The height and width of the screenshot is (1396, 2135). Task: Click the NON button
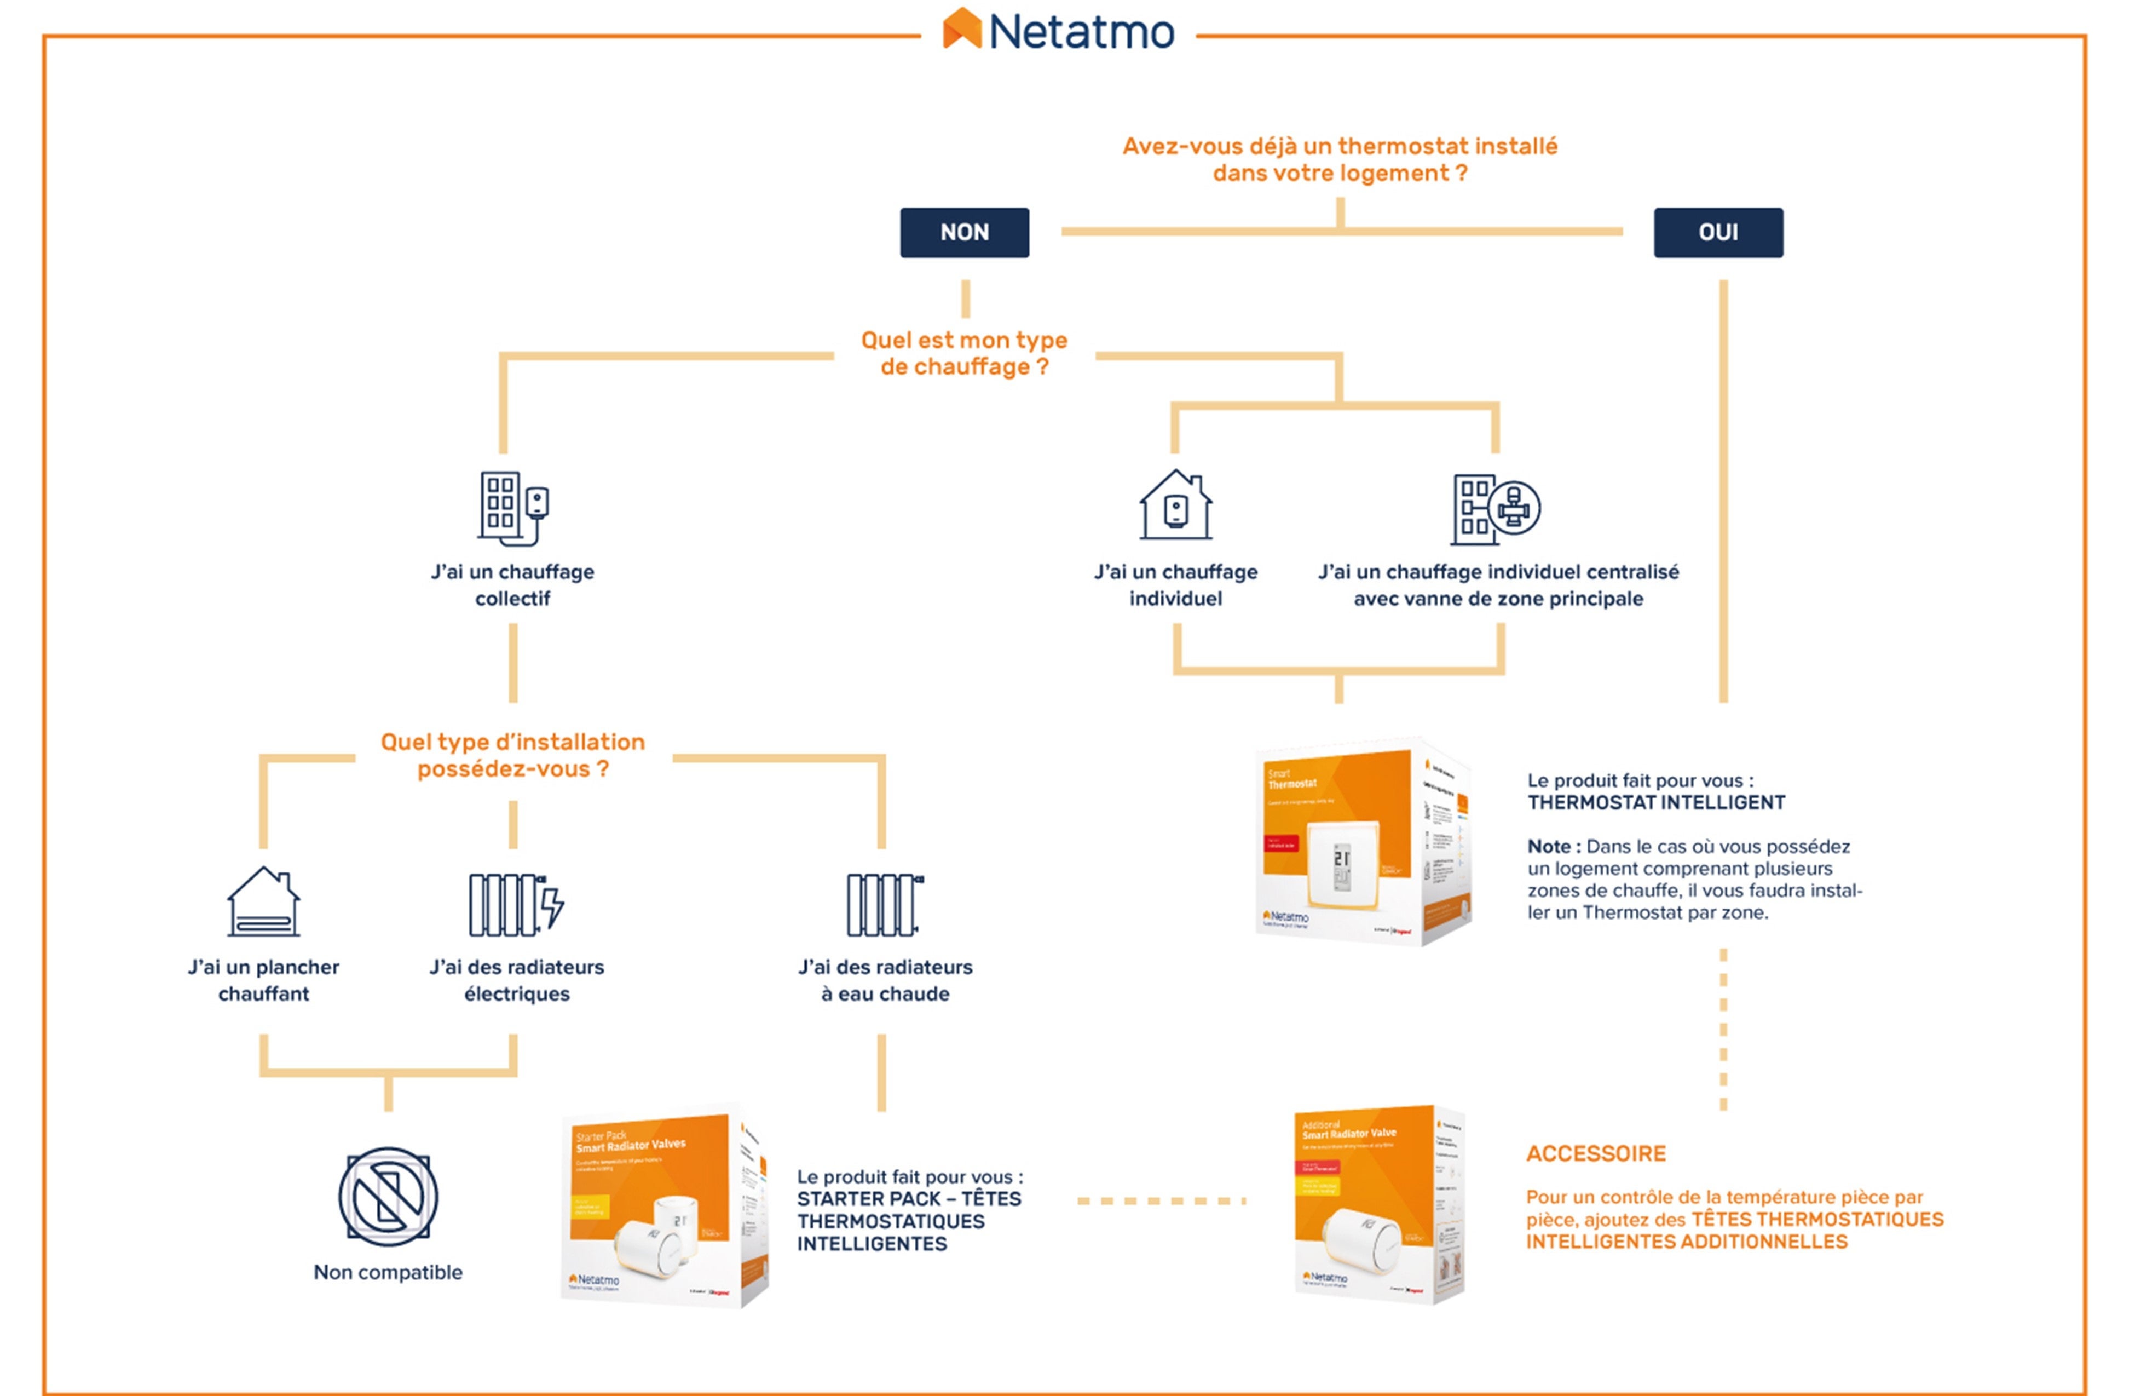click(x=965, y=232)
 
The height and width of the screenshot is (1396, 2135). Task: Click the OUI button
click(x=1718, y=232)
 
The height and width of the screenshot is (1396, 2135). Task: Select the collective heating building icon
click(x=512, y=508)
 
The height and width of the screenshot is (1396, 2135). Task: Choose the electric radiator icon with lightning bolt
click(x=516, y=904)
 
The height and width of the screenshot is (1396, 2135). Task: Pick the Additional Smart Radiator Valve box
click(x=1380, y=1205)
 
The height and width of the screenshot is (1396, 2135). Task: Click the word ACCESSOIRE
click(x=1596, y=1154)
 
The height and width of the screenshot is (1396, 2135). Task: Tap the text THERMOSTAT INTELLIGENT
click(x=1656, y=803)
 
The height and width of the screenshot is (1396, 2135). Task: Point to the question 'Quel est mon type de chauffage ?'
click(x=965, y=353)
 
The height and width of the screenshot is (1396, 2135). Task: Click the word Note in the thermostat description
click(x=1548, y=847)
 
